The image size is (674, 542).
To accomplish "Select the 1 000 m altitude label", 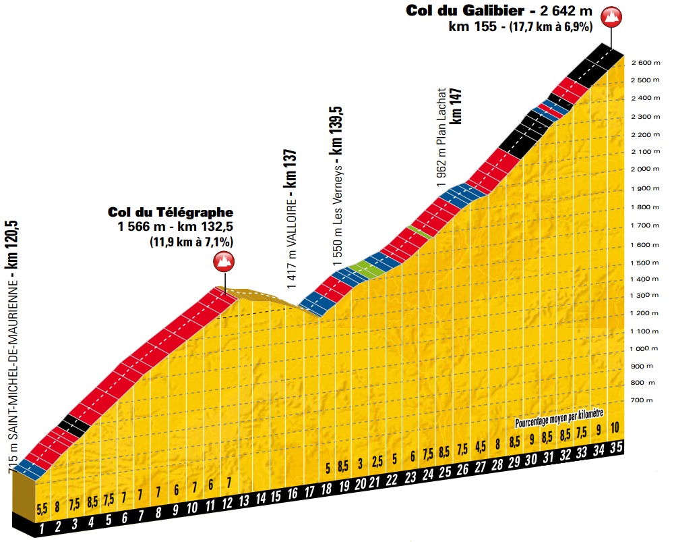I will (x=644, y=349).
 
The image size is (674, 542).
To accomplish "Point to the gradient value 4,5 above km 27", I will (x=480, y=445).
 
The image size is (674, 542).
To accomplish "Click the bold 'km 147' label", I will (x=458, y=109).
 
